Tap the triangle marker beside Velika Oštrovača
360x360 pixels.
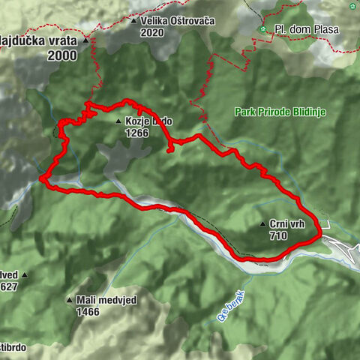pos(134,21)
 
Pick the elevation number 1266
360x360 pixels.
pos(137,133)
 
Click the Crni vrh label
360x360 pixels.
pos(285,223)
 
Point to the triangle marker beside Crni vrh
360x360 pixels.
pos(261,223)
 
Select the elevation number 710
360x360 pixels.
pos(277,234)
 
